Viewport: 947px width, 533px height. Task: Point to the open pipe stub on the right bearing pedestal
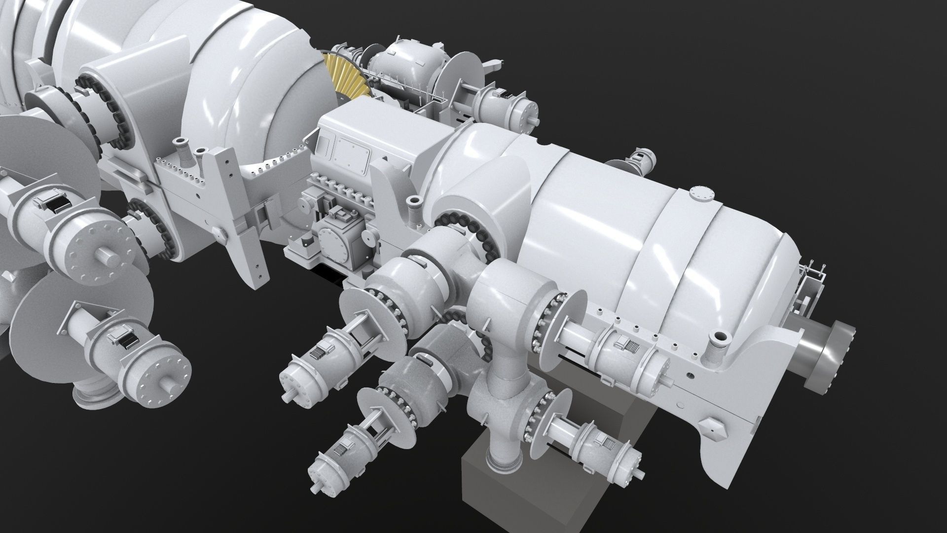(718, 341)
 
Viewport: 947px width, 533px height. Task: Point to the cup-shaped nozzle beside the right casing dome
(414, 202)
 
